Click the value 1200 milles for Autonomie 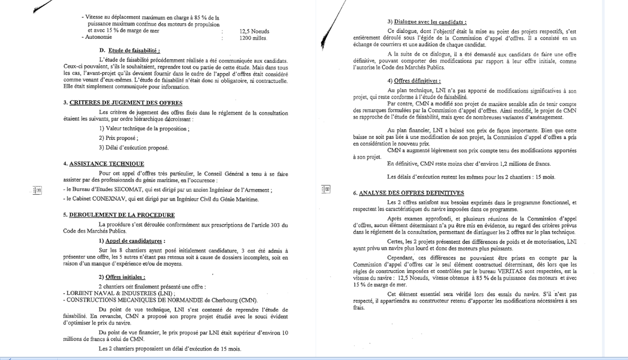tap(253, 38)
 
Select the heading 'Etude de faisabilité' tap(134, 50)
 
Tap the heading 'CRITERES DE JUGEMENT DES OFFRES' tap(126, 103)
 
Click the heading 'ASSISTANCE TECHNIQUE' tap(107, 164)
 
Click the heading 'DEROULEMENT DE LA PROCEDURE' tap(122, 215)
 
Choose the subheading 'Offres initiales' tap(125, 277)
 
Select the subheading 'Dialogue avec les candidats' tap(430, 22)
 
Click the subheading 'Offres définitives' tap(417, 81)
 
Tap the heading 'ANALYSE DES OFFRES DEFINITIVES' tap(411, 193)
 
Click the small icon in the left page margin tap(37, 190)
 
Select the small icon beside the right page tap(326, 189)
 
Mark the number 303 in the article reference tap(275, 225)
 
